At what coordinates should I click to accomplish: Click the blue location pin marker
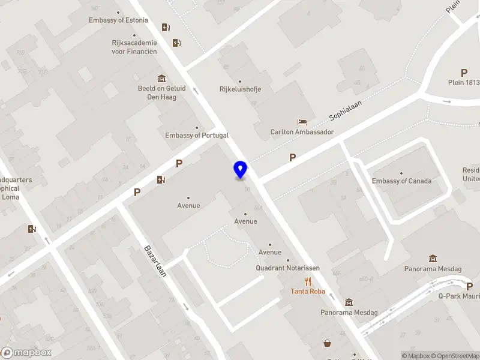[x=241, y=169]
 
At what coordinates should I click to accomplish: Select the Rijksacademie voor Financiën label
[x=134, y=47]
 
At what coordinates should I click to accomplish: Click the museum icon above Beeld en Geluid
[x=161, y=79]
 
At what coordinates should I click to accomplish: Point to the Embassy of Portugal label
[x=197, y=136]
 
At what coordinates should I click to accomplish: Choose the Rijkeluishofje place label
[x=240, y=89]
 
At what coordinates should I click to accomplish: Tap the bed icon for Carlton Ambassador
[x=302, y=122]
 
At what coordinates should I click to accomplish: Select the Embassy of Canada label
[x=401, y=181]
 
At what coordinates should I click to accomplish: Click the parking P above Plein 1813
[x=464, y=73]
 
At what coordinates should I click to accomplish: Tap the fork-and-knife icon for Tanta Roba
[x=308, y=281]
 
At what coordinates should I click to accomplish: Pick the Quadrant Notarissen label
[x=287, y=268]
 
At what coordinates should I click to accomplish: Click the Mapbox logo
[x=26, y=353]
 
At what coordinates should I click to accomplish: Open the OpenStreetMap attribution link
[x=454, y=356]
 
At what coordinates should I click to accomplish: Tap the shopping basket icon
[x=328, y=343]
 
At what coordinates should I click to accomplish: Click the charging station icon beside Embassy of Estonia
[x=166, y=27]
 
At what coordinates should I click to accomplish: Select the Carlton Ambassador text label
[x=302, y=132]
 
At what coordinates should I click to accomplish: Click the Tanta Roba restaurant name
[x=308, y=292]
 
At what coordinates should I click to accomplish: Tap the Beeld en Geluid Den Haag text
[x=161, y=92]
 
